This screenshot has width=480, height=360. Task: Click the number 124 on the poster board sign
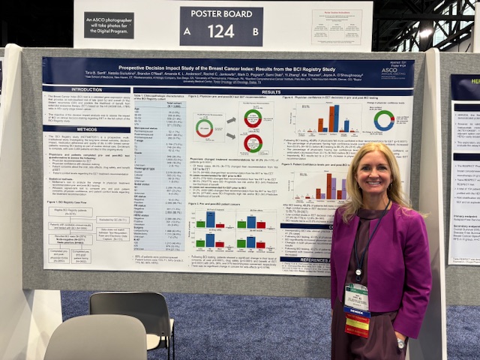pyautogui.click(x=221, y=31)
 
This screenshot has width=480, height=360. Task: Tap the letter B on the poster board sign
pyautogui.click(x=256, y=31)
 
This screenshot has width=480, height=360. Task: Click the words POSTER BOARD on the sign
pyautogui.click(x=221, y=13)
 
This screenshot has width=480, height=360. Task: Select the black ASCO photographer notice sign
pyautogui.click(x=109, y=25)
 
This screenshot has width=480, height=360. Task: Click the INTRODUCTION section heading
pyautogui.click(x=87, y=89)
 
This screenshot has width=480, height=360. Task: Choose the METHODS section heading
pyautogui.click(x=86, y=129)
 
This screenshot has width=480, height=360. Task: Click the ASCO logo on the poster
pyautogui.click(x=393, y=72)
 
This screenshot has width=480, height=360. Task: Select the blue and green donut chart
pyautogui.click(x=384, y=120)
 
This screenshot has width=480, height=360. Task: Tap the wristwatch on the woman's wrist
pyautogui.click(x=401, y=342)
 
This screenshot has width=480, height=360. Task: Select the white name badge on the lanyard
pyautogui.click(x=357, y=295)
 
